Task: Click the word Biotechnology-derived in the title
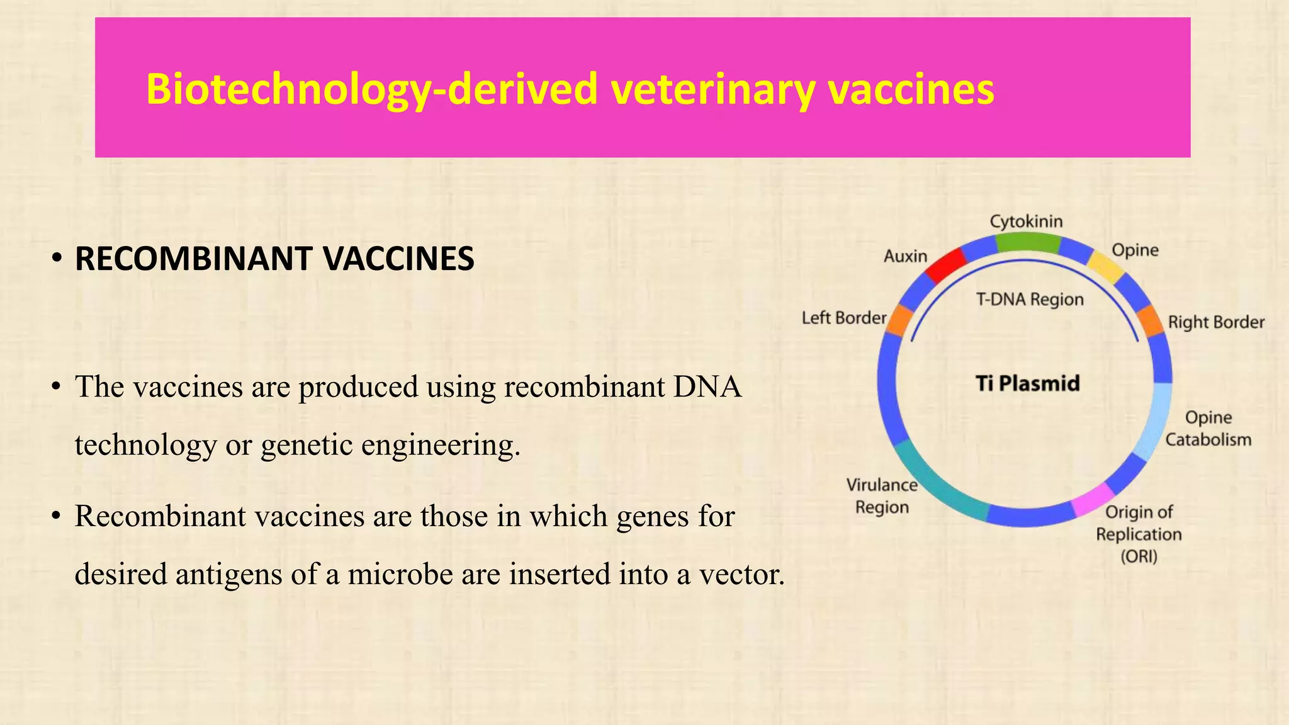pos(371,89)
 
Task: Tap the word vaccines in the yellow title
pos(911,89)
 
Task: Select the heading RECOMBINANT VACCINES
pos(274,259)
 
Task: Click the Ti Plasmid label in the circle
pos(1027,383)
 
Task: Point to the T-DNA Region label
pos(1030,300)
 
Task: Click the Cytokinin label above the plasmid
pos(1026,222)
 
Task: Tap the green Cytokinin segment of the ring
pos(1027,243)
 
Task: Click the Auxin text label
pos(905,256)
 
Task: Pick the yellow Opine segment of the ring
pos(1106,266)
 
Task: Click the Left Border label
pos(843,318)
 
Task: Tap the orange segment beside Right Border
pos(1151,321)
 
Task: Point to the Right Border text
pos(1216,322)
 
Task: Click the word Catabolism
pos(1208,439)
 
